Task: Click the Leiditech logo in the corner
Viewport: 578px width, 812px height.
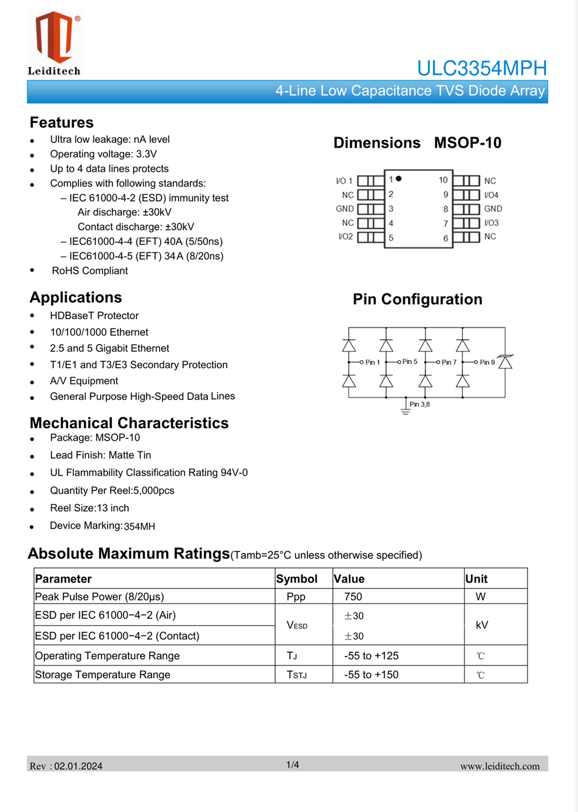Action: [x=55, y=43]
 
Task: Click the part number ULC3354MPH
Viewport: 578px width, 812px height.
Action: [x=481, y=68]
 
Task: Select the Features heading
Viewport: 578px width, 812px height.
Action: [x=62, y=123]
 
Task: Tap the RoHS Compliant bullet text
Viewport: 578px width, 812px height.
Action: [x=90, y=271]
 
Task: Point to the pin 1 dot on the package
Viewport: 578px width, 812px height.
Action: [x=398, y=179]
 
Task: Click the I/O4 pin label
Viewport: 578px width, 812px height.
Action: [x=491, y=195]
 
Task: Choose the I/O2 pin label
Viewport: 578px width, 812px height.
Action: [x=345, y=237]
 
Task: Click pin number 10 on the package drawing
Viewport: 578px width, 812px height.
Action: [x=443, y=180]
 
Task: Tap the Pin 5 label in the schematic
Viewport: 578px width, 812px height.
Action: [x=410, y=362]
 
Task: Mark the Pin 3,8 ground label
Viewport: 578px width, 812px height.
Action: [x=420, y=405]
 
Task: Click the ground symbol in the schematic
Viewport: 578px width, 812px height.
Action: [x=405, y=410]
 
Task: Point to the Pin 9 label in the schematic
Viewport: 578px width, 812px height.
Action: [x=487, y=362]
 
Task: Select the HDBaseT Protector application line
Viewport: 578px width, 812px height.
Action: [x=94, y=316]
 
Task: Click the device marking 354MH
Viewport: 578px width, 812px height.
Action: [x=139, y=526]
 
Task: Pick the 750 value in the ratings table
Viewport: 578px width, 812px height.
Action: [x=353, y=596]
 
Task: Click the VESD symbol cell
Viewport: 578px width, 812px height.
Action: [x=297, y=625]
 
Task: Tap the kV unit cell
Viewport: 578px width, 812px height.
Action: [x=482, y=625]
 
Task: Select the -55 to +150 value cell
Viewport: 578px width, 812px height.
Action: [x=371, y=675]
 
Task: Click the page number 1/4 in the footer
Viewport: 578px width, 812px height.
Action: [x=292, y=765]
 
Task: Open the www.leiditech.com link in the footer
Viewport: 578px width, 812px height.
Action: [x=500, y=766]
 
